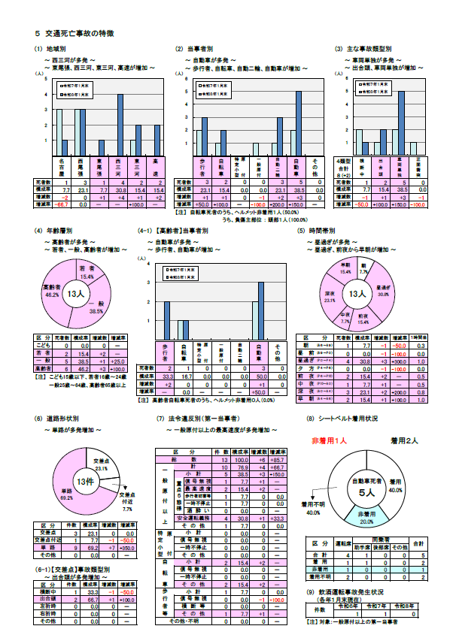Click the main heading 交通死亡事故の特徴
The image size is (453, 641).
(x=74, y=34)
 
